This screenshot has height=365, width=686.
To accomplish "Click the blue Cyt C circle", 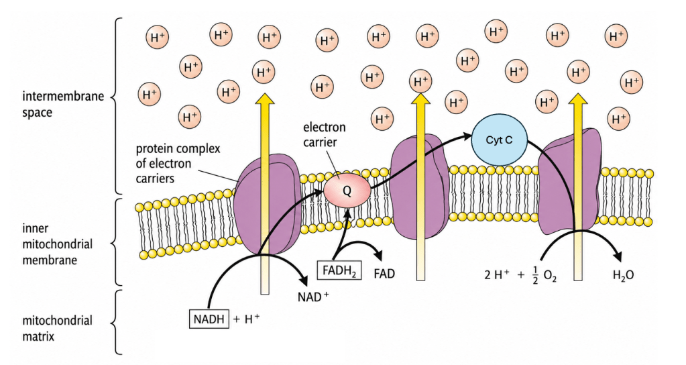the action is [499, 140].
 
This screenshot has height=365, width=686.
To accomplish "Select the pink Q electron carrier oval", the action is [347, 191].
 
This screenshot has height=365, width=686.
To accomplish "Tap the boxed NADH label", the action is [209, 319].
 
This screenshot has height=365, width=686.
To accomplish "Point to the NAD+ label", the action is [312, 297].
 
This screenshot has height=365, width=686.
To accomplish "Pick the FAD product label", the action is [384, 274].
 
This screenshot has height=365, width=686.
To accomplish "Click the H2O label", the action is [623, 275].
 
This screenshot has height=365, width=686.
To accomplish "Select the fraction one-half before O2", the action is [534, 275].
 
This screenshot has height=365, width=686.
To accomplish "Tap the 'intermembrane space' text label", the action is [63, 104].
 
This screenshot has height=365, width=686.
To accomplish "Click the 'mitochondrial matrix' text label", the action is [57, 328].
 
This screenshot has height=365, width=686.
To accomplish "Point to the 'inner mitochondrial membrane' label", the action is [57, 244].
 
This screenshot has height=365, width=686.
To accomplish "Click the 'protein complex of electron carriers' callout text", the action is [178, 163].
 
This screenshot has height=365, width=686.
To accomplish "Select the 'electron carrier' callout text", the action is [324, 134].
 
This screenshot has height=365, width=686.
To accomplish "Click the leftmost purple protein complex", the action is [266, 203].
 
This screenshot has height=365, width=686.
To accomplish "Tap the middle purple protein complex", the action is [419, 187].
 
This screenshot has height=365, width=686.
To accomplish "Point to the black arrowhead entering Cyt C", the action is [465, 137].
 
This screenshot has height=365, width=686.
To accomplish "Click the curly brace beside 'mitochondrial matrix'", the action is [115, 321].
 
